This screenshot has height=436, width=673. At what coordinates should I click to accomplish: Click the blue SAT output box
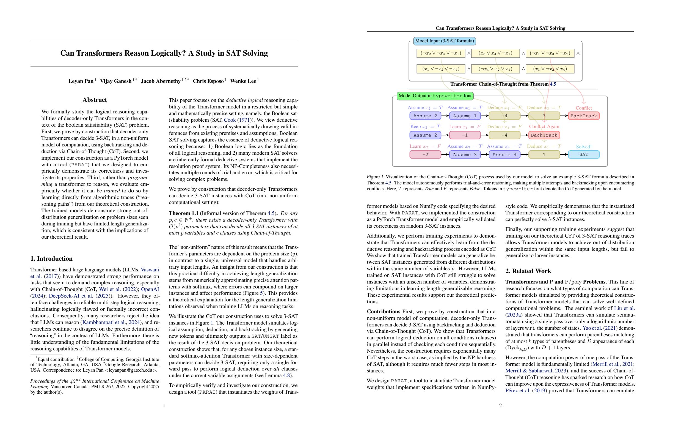pyautogui.click(x=583, y=155)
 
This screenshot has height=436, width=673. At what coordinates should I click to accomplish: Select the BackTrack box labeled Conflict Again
pyautogui.click(x=544, y=135)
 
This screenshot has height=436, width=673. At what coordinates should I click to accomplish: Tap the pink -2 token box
pyautogui.click(x=425, y=155)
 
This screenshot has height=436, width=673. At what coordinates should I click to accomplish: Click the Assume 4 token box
pyautogui.click(x=504, y=155)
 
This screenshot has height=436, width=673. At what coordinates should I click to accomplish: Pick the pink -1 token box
pyautogui.click(x=465, y=135)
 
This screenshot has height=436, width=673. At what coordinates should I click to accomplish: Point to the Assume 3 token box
pyautogui.click(x=465, y=155)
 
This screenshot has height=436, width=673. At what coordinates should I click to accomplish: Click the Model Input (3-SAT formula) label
pyautogui.click(x=444, y=41)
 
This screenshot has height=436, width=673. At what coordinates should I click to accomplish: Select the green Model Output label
pyautogui.click(x=435, y=96)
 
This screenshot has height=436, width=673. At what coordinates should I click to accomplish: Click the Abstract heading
pyautogui.click(x=95, y=100)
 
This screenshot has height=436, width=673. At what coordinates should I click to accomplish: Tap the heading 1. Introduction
pyautogui.click(x=51, y=258)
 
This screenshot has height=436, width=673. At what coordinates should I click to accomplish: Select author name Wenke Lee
pyautogui.click(x=243, y=81)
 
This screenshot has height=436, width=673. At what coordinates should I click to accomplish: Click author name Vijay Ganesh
pyautogui.click(x=116, y=81)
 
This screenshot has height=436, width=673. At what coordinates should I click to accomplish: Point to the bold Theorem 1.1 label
pyautogui.click(x=183, y=213)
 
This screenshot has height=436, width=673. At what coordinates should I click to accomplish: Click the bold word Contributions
pyautogui.click(x=384, y=311)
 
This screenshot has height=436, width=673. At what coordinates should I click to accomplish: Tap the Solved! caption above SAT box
pyautogui.click(x=583, y=147)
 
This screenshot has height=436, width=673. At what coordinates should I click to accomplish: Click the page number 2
pyautogui.click(x=500, y=406)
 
